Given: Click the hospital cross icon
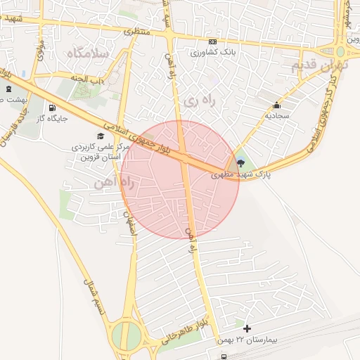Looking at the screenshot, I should pyautogui.click(x=247, y=328).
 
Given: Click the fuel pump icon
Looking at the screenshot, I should pyautogui.click(x=51, y=108).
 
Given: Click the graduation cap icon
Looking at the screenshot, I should pyautogui.click(x=100, y=136).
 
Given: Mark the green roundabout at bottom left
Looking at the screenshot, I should pyautogui.click(x=125, y=335).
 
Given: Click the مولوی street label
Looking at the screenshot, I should pyautogui.click(x=40, y=51).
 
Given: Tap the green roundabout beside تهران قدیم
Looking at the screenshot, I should pyautogui.click(x=341, y=51).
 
